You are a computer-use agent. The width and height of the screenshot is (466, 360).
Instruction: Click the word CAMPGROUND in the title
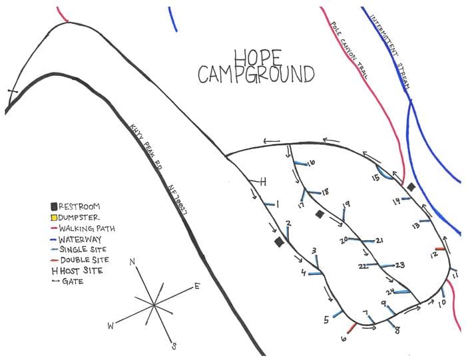pos(256,75)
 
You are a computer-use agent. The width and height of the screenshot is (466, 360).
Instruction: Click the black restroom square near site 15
pos(411,188)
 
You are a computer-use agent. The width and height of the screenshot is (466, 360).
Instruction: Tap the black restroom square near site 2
pos(279,243)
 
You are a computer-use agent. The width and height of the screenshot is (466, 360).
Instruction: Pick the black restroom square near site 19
pos(320,214)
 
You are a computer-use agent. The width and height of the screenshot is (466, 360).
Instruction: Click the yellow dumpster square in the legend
pos(55,218)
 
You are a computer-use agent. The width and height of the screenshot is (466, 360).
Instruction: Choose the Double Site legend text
pos(85,260)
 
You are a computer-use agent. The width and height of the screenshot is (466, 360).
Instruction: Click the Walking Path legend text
pos(87,228)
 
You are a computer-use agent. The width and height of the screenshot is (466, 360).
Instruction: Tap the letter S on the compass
pos(174,345)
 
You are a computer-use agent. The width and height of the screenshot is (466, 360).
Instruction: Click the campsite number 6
pos(344,339)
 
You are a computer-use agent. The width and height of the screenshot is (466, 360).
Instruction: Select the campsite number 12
pos(433,255)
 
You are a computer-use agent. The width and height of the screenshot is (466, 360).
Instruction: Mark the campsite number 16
pos(311,163)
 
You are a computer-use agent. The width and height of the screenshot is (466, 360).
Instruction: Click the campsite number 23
pos(400,266)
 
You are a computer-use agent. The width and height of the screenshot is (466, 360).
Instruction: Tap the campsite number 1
pos(277,204)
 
